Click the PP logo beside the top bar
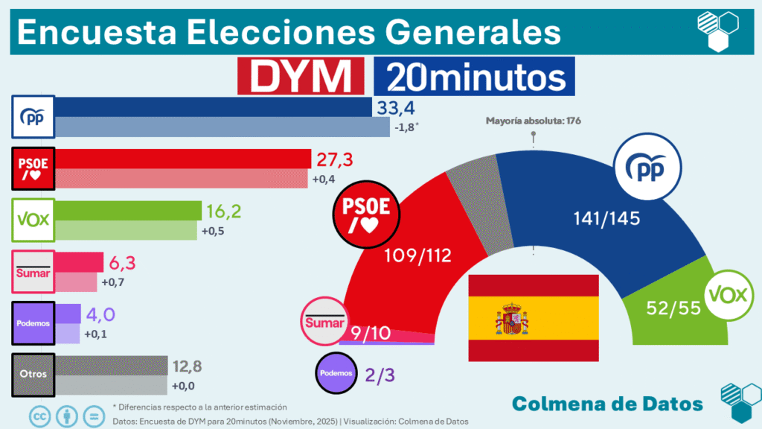pyautogui.click(x=33, y=117)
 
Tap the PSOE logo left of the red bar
pyautogui.click(x=33, y=168)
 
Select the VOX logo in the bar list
pyautogui.click(x=33, y=220)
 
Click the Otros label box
pyautogui.click(x=33, y=373)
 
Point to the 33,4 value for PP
pyautogui.click(x=394, y=108)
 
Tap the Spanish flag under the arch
pyautogui.click(x=533, y=317)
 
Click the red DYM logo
pyautogui.click(x=300, y=76)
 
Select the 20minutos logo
pyautogui.click(x=474, y=76)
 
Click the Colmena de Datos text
pyautogui.click(x=607, y=403)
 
